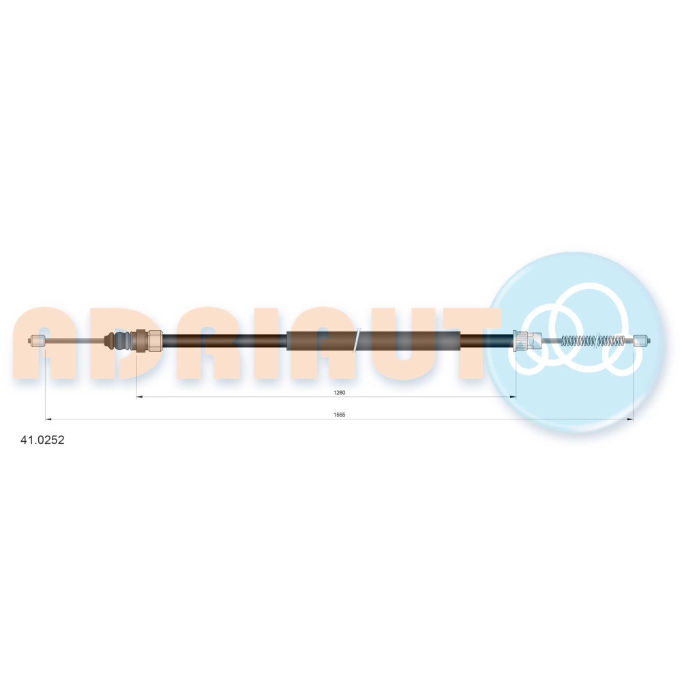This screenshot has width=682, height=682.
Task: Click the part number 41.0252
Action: pos(42,440)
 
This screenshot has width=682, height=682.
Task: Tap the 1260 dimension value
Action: pos(339,393)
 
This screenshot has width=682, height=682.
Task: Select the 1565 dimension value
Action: pos(339,415)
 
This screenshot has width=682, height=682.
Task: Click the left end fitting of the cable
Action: pos(37,340)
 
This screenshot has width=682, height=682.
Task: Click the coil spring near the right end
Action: pos(594,340)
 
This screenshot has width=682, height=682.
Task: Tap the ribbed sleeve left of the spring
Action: pos(527,340)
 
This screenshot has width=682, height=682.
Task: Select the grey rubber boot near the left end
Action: pos(122,340)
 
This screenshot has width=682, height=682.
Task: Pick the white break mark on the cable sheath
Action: pos(357,340)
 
